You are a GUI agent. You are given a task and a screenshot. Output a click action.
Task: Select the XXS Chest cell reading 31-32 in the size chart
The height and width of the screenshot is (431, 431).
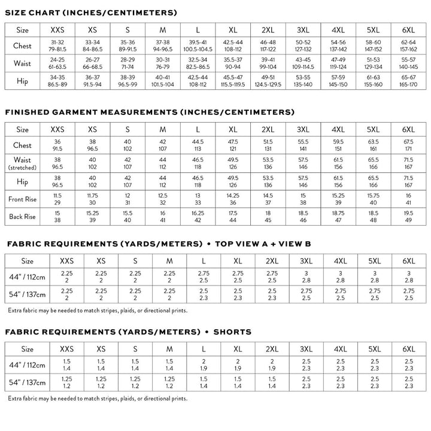[x=57, y=46]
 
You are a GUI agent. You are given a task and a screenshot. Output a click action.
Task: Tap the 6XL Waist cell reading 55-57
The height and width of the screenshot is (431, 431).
[x=409, y=63]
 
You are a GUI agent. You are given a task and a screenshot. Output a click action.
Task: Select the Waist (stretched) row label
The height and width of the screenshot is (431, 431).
[x=23, y=163]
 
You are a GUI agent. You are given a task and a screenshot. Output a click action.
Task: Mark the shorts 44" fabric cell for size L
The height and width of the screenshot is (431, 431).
[x=204, y=365]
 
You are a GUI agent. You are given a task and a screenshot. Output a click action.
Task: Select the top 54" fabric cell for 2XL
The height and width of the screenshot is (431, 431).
[x=272, y=295]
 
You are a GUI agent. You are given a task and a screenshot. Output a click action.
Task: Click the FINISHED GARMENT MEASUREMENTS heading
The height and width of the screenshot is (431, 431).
[x=149, y=112]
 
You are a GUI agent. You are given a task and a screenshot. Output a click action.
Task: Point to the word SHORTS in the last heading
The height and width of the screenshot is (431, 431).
[x=232, y=332]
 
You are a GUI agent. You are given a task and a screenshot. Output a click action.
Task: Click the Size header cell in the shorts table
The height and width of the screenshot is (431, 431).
[x=28, y=348]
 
